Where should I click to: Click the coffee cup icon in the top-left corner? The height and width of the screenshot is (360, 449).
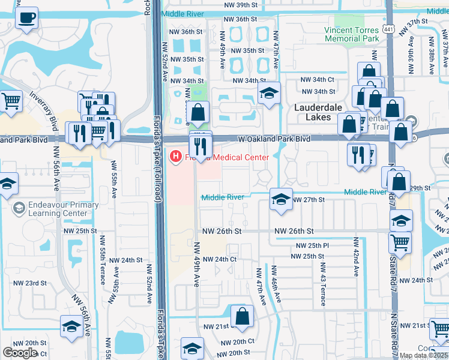(x=26, y=18)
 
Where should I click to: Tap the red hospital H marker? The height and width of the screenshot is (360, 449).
(x=176, y=157)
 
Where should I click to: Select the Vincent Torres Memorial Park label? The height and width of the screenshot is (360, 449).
(x=352, y=34)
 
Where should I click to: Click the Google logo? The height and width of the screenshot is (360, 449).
(x=20, y=352)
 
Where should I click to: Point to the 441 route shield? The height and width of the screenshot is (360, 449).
(x=390, y=29)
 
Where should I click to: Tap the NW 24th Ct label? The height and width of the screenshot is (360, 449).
(x=219, y=259)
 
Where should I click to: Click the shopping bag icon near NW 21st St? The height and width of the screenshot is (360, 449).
(x=241, y=318)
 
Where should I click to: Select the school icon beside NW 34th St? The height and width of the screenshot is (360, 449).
(x=270, y=93)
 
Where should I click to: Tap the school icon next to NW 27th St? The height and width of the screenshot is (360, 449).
(x=280, y=200)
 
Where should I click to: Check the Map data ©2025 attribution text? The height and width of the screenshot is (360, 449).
(x=424, y=355)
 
